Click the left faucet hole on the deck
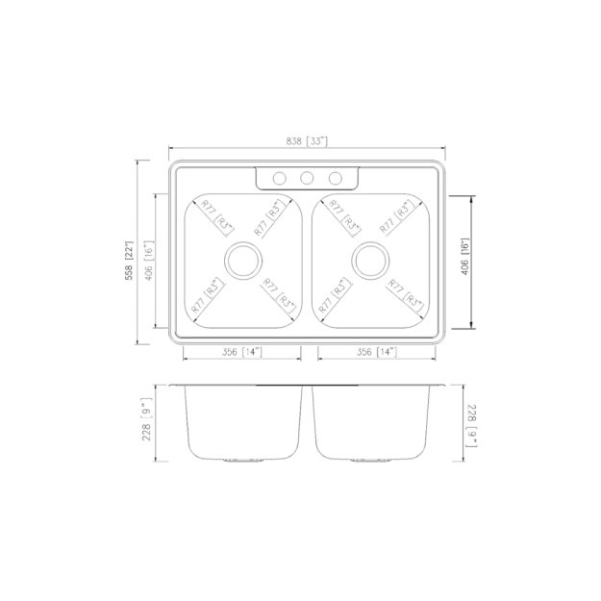pos(279,178)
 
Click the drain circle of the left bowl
pos(242,260)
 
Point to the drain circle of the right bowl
pos(369,260)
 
